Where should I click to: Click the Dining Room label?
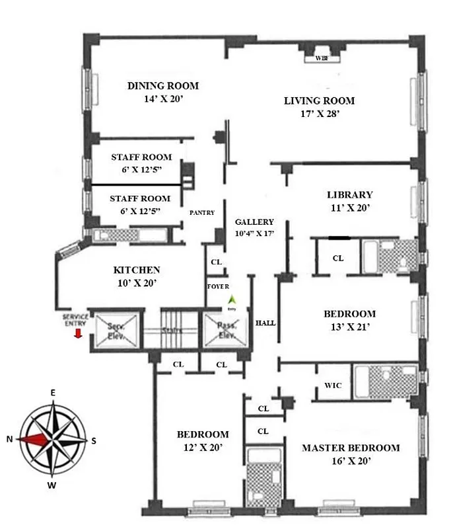tap(162, 86)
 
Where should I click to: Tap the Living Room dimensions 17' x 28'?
tap(320, 114)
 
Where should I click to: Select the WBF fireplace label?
tap(322, 58)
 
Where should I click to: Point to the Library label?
tap(350, 195)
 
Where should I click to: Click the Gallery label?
tap(254, 222)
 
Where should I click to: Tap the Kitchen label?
tap(137, 270)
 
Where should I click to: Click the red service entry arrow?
tap(78, 333)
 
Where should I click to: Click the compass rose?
tap(53, 439)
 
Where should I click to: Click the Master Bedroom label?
tap(351, 448)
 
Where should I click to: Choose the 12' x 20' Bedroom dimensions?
tap(203, 448)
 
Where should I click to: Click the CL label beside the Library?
tap(337, 259)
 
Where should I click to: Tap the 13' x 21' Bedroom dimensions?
tap(349, 327)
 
